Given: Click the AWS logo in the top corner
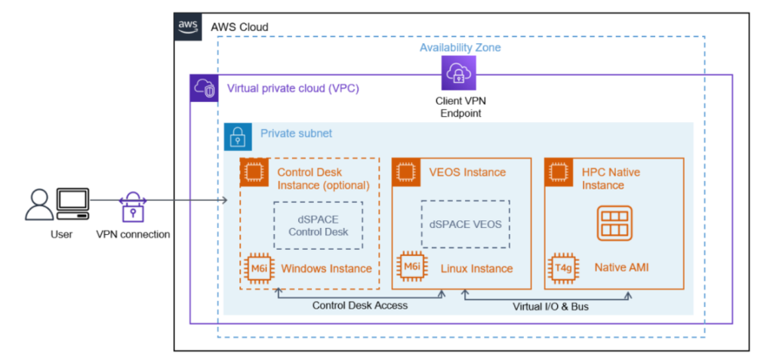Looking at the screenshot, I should click(188, 26).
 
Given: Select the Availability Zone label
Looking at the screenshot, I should click(460, 48).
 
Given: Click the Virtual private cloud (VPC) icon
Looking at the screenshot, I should click(203, 88).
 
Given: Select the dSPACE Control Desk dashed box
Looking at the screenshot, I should click(318, 225).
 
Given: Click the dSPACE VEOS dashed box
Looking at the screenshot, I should click(466, 224).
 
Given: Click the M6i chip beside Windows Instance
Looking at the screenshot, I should click(258, 268).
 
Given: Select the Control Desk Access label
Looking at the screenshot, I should click(360, 306).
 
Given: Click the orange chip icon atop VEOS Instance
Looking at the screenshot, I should click(407, 172).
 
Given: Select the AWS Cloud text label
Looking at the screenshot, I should click(239, 27).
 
